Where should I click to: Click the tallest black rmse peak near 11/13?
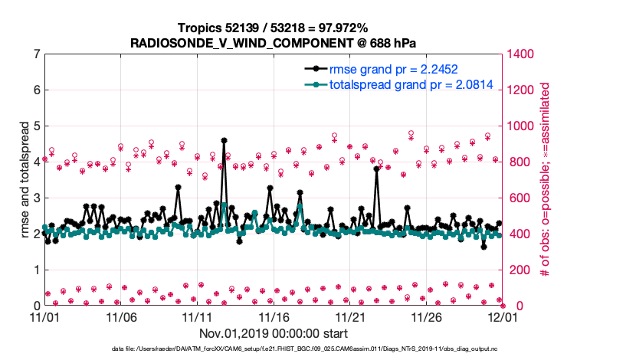pyautogui.click(x=224, y=140)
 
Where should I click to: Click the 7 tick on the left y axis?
pyautogui.click(x=37, y=54)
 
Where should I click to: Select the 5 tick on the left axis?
pyautogui.click(x=37, y=126)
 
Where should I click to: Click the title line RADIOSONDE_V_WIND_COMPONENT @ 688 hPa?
pyautogui.click(x=274, y=41)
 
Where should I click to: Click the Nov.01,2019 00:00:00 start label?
pyautogui.click(x=274, y=333)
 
